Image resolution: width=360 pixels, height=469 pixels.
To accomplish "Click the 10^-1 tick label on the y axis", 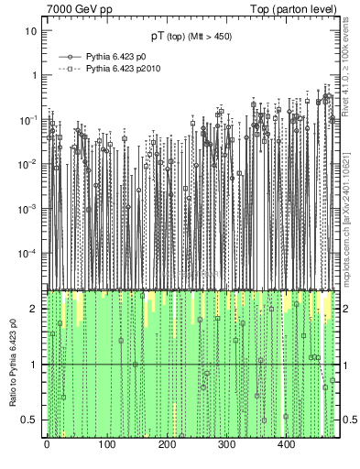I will point(30,119).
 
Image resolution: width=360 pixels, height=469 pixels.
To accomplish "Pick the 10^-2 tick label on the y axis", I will point(30,164).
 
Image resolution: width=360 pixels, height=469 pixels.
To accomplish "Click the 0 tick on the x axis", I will point(47,445).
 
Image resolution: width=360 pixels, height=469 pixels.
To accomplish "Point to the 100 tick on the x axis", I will point(106,445).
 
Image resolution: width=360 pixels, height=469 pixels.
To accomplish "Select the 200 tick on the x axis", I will point(167,445).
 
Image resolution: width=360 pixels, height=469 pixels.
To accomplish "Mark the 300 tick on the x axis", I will point(226,445).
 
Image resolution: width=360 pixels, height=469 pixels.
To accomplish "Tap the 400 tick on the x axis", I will point(286,445).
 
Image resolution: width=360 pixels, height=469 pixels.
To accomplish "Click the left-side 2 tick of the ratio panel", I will point(35,309).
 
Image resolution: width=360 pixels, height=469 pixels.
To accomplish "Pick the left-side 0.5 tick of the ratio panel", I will point(31,420).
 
